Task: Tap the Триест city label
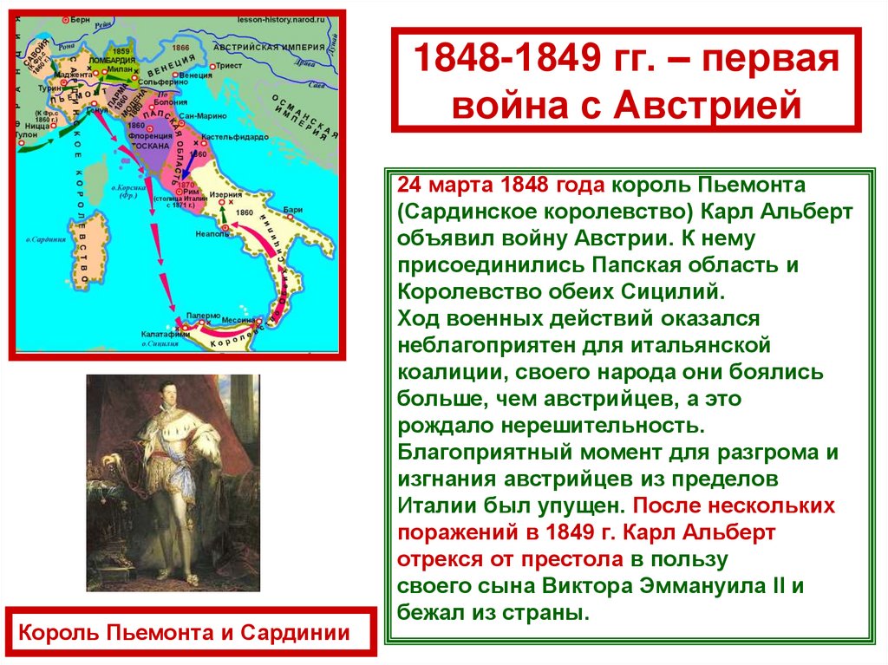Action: [x=230, y=65]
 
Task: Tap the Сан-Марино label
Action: [x=197, y=114]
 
